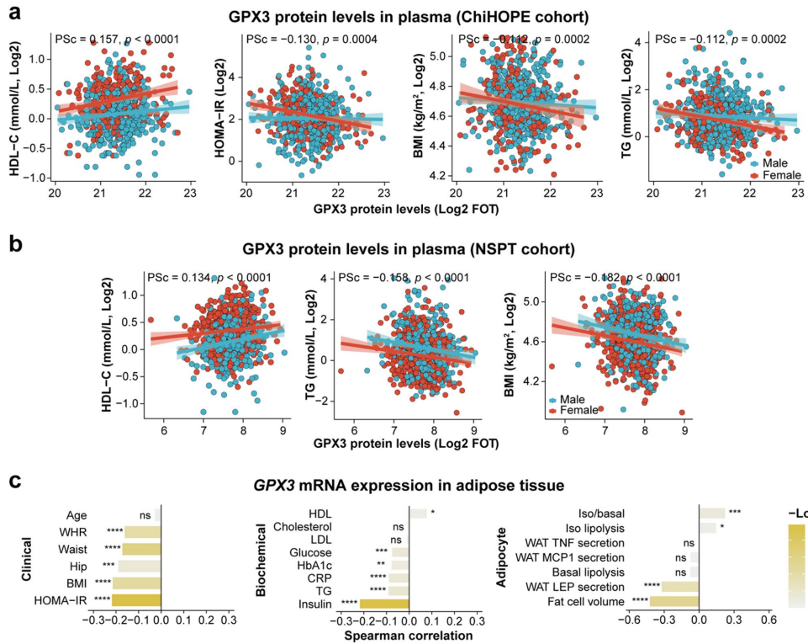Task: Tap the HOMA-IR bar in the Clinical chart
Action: [136, 599]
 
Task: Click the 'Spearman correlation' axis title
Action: [408, 636]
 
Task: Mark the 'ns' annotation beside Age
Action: [145, 515]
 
